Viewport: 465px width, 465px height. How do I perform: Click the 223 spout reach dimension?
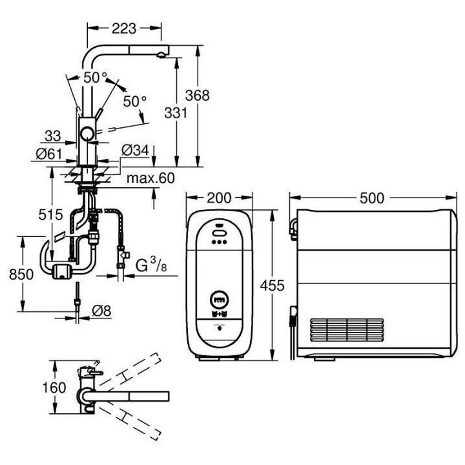tap(123, 28)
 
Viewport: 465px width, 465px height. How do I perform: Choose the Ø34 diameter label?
tap(135, 150)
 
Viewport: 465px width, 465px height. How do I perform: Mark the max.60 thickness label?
tap(150, 178)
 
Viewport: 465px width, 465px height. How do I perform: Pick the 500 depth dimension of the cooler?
tap(372, 198)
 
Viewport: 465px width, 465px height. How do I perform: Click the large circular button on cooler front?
tap(218, 300)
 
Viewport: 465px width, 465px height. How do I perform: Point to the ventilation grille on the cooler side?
tap(348, 330)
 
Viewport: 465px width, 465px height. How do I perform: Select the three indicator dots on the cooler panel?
tap(218, 243)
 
